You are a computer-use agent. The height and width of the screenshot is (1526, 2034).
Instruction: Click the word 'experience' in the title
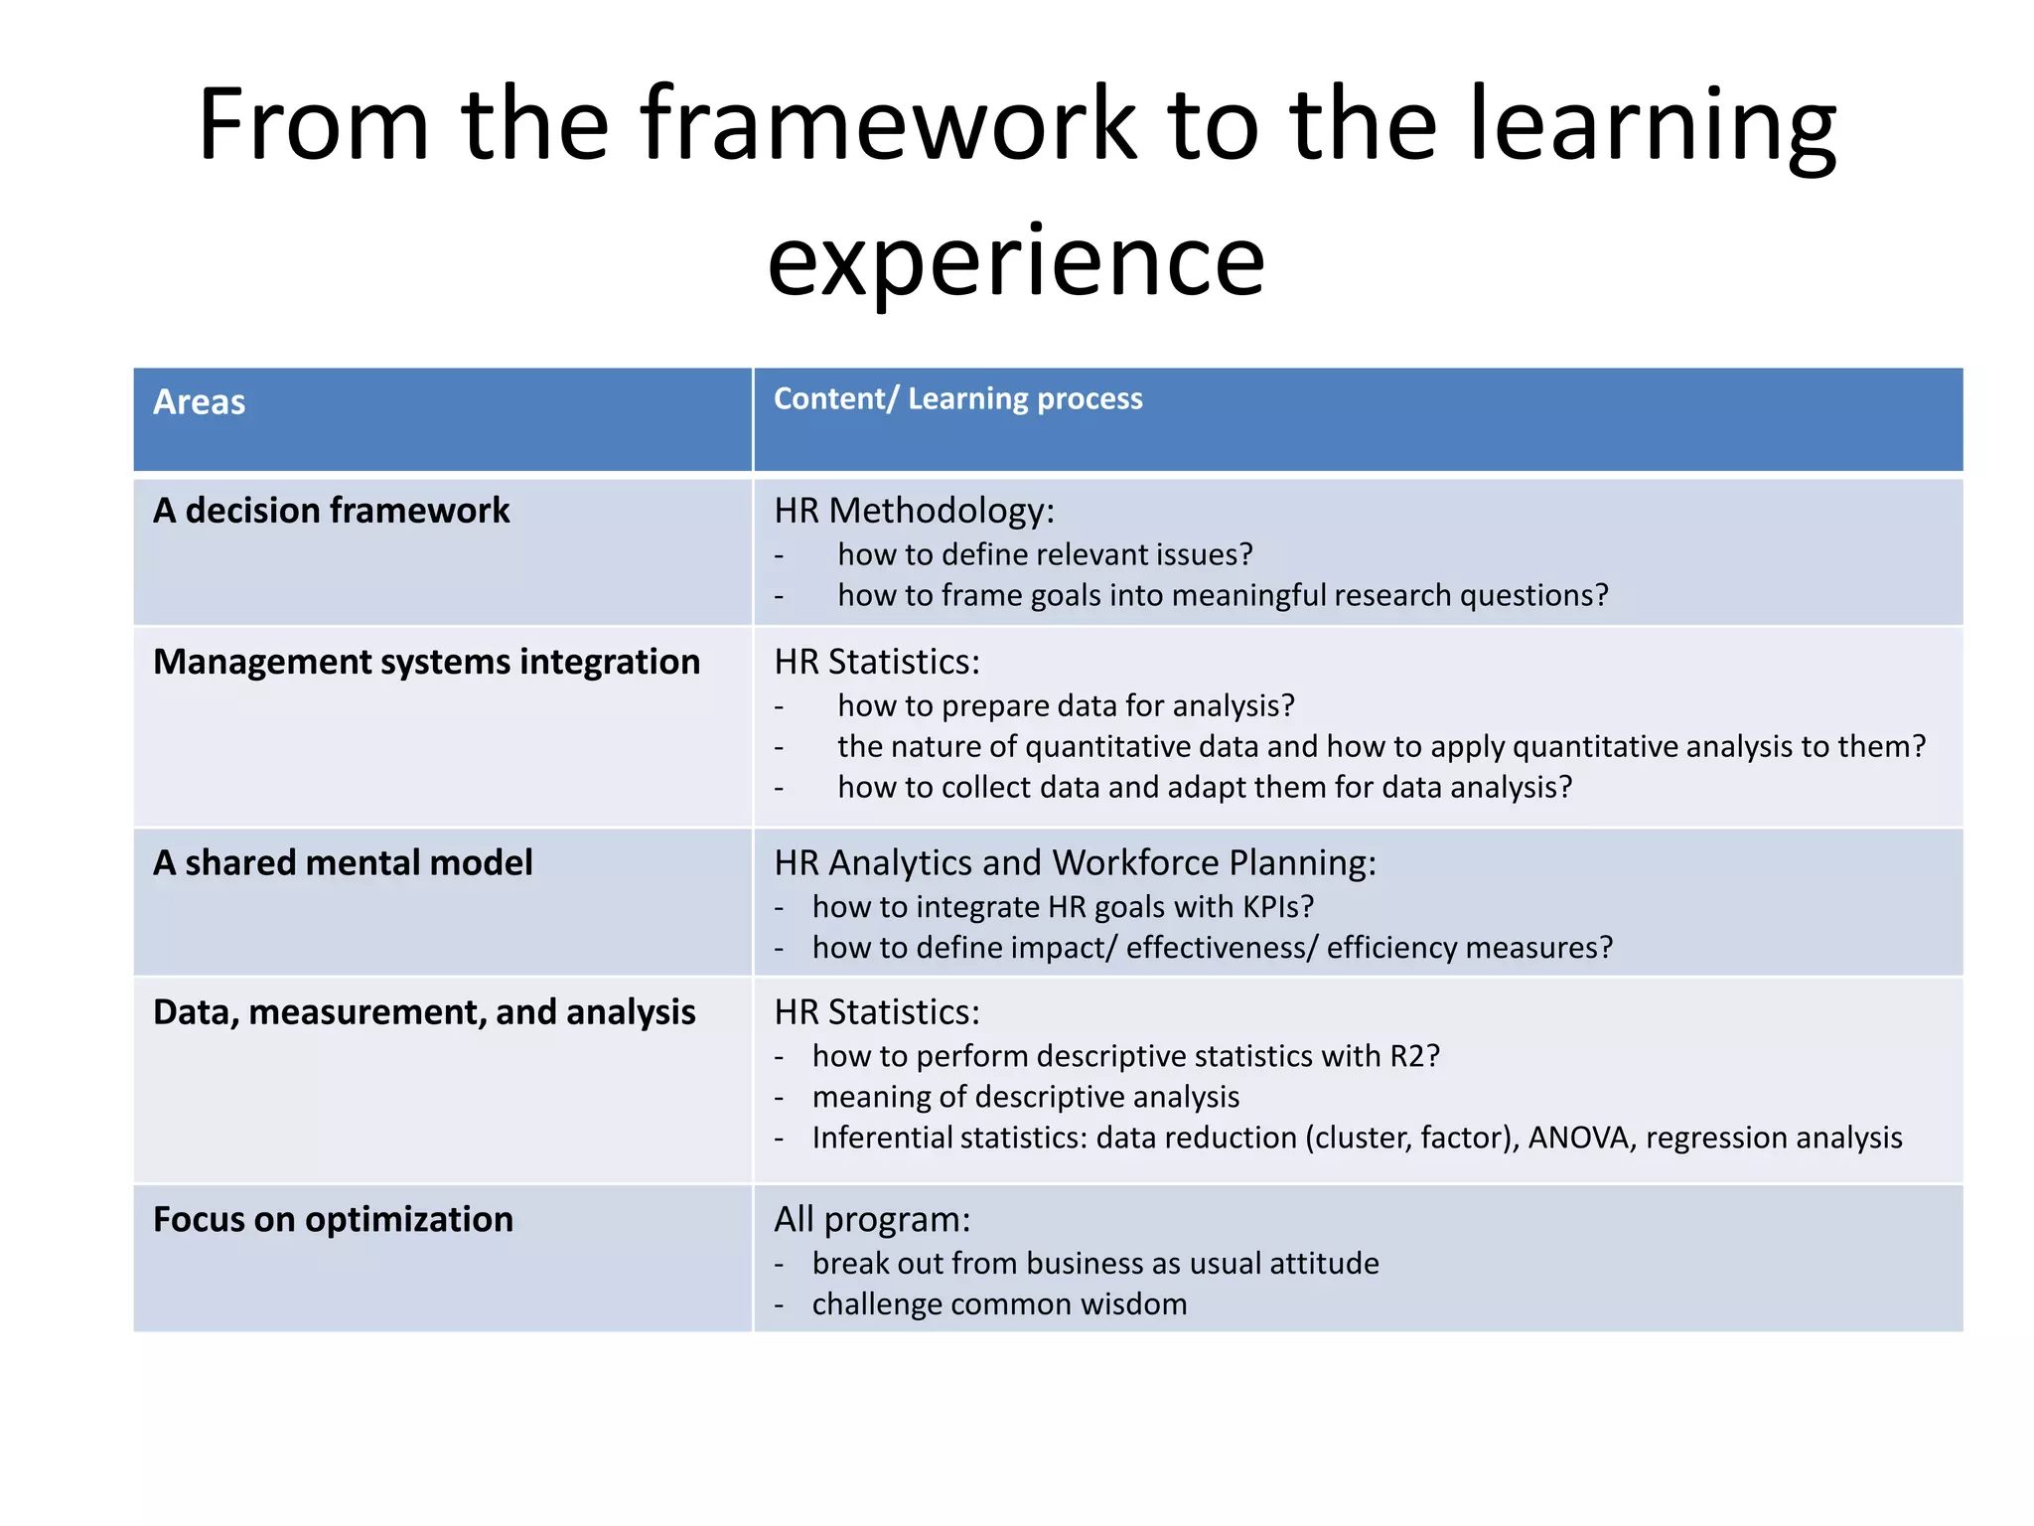pyautogui.click(x=1016, y=261)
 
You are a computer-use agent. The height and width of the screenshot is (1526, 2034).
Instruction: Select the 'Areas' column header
pyautogui.click(x=199, y=402)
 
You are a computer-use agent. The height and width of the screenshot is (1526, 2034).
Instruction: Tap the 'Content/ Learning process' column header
pyautogui.click(x=957, y=398)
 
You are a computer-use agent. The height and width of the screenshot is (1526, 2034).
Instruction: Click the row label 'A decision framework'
pyautogui.click(x=331, y=511)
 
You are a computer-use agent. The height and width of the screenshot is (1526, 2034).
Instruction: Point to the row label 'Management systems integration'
pyautogui.click(x=426, y=662)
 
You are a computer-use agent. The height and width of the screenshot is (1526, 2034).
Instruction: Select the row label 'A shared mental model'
pyautogui.click(x=343, y=862)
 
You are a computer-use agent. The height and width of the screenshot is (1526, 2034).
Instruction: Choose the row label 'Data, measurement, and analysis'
pyautogui.click(x=424, y=1011)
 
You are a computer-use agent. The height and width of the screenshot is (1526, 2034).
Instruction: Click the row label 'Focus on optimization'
pyautogui.click(x=333, y=1219)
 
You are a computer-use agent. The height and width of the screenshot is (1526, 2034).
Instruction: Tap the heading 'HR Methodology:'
pyautogui.click(x=914, y=511)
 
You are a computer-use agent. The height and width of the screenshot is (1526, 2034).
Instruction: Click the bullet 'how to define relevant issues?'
pyautogui.click(x=1045, y=554)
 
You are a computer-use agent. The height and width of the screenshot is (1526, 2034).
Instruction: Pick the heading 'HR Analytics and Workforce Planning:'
pyautogui.click(x=1075, y=862)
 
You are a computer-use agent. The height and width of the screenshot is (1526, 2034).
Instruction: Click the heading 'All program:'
pyautogui.click(x=872, y=1219)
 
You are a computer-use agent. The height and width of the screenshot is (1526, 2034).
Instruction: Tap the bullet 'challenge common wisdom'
pyautogui.click(x=999, y=1304)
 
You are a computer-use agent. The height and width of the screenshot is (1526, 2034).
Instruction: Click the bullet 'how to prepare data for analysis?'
pyautogui.click(x=1066, y=705)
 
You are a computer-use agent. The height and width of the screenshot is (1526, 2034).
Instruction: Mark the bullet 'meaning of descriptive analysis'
pyautogui.click(x=1025, y=1097)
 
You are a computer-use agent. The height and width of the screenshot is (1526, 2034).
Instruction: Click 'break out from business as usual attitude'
pyautogui.click(x=1094, y=1264)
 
